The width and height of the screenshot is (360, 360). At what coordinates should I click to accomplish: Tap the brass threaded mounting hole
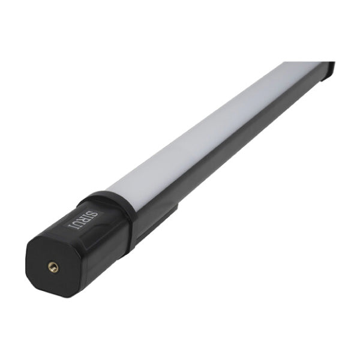53,267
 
